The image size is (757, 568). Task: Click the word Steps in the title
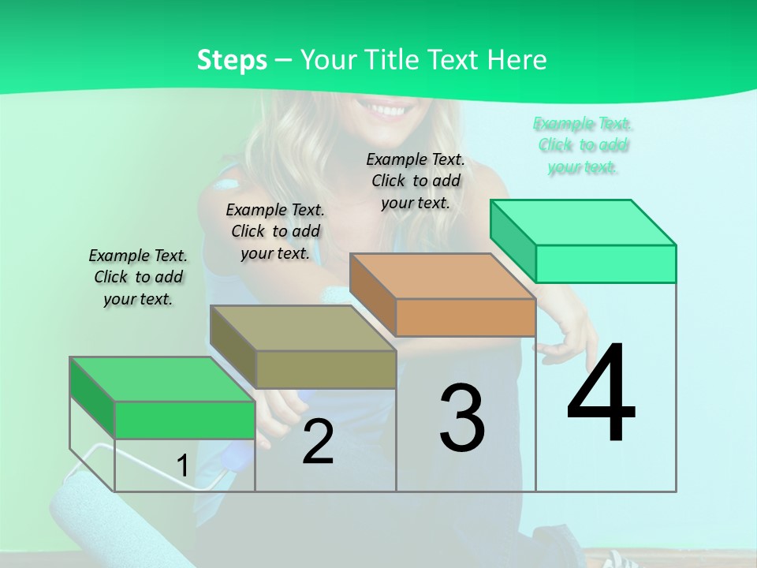[x=232, y=60]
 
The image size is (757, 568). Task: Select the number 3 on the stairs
[x=461, y=418]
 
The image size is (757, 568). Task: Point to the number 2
[x=318, y=442]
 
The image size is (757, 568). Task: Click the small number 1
[x=182, y=466]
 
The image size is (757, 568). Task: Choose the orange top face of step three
[x=442, y=276]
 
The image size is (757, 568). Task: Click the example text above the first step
[x=138, y=277]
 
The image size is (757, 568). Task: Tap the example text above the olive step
[x=275, y=231]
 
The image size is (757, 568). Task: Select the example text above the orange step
[x=416, y=181]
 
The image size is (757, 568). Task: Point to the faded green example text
[x=582, y=145]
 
